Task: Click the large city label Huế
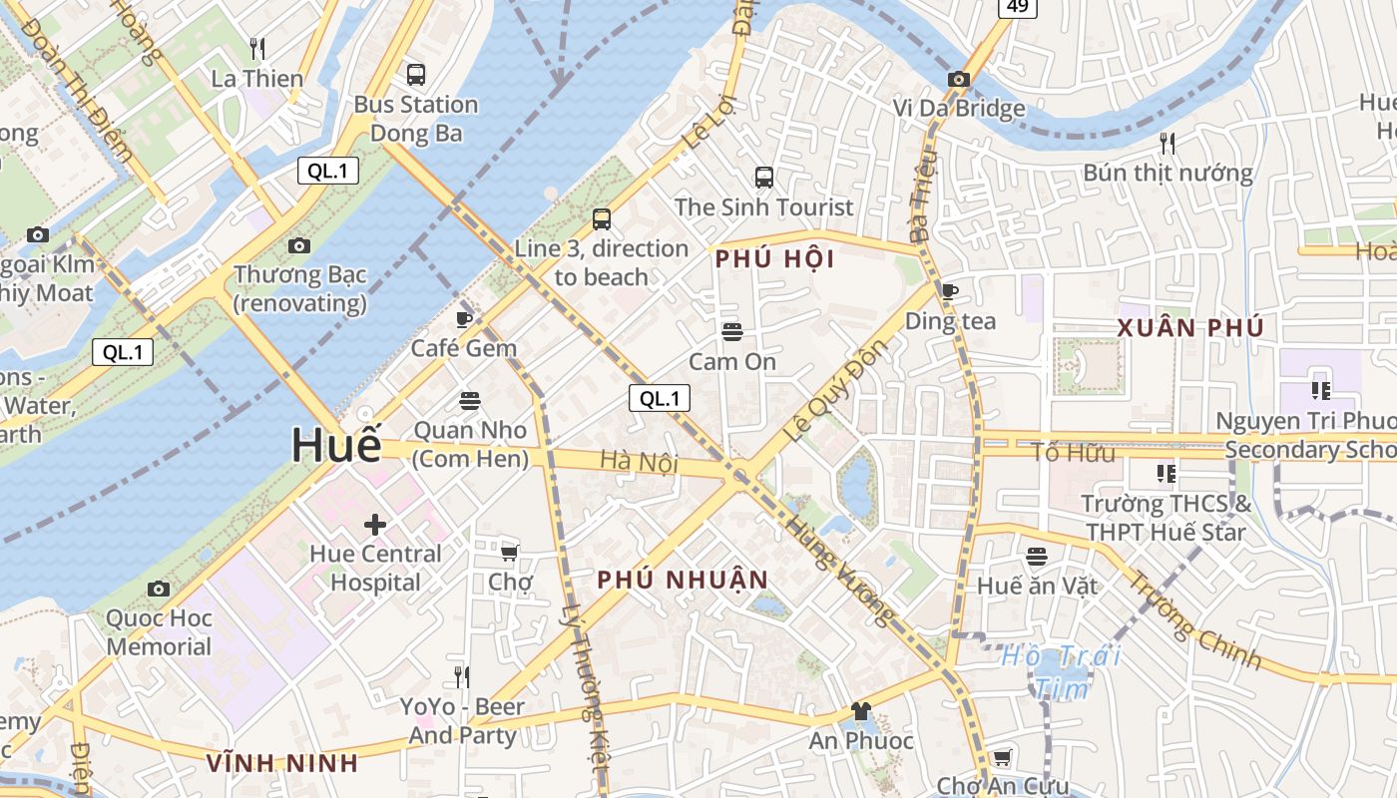point(336,445)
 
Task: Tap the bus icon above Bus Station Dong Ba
point(415,74)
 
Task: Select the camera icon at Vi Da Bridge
point(959,79)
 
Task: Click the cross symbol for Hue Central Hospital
point(375,524)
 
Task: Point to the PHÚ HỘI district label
point(774,259)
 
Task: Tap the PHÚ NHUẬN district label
point(684,581)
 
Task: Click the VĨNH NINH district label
point(282,764)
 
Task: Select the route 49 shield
point(1017,7)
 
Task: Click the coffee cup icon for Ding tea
point(949,291)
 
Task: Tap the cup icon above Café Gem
point(463,319)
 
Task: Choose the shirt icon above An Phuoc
point(860,711)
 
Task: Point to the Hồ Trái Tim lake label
point(1062,671)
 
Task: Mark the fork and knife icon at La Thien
point(256,48)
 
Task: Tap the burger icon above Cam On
point(732,331)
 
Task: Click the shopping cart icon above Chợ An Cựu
point(1002,757)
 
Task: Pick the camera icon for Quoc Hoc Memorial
point(159,589)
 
